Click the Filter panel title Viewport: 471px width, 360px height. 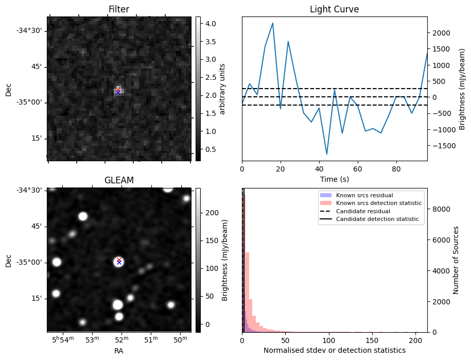(119, 9)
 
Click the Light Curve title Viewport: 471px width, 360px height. (334, 9)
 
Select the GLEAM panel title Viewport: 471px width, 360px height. (119, 180)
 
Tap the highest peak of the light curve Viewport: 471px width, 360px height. (272, 23)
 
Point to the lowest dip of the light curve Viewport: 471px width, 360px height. (327, 154)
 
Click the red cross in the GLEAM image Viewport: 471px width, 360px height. (119, 260)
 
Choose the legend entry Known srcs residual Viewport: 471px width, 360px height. (364, 196)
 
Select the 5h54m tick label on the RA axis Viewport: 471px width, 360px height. (64, 339)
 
